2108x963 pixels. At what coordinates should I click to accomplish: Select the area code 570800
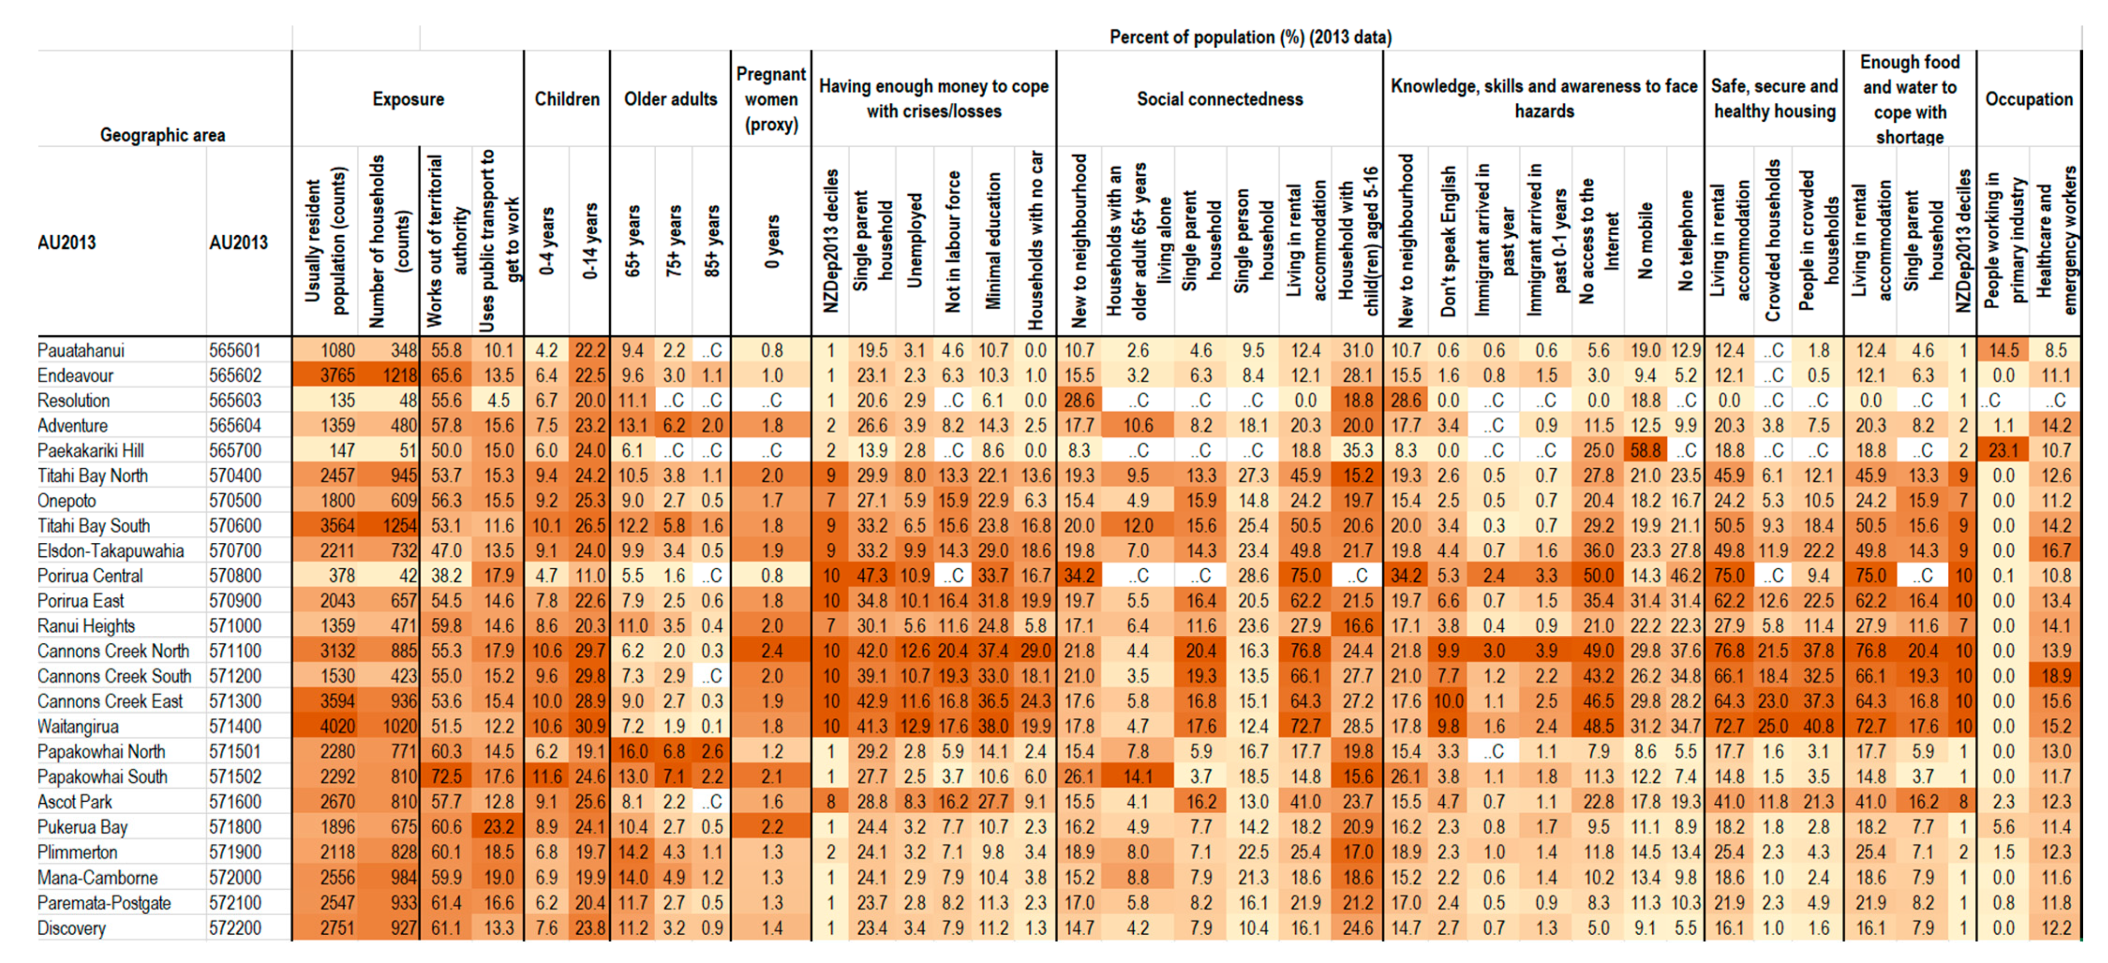click(x=235, y=576)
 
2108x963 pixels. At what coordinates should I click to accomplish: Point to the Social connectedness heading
click(x=1219, y=99)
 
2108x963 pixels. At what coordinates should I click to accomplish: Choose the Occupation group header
click(x=2029, y=99)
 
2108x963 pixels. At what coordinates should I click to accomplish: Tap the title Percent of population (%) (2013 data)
click(x=1249, y=37)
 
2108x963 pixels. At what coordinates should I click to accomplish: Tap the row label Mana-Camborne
click(x=98, y=878)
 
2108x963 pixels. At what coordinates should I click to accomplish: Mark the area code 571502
click(x=235, y=777)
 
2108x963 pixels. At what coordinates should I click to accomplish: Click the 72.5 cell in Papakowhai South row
click(x=446, y=777)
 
